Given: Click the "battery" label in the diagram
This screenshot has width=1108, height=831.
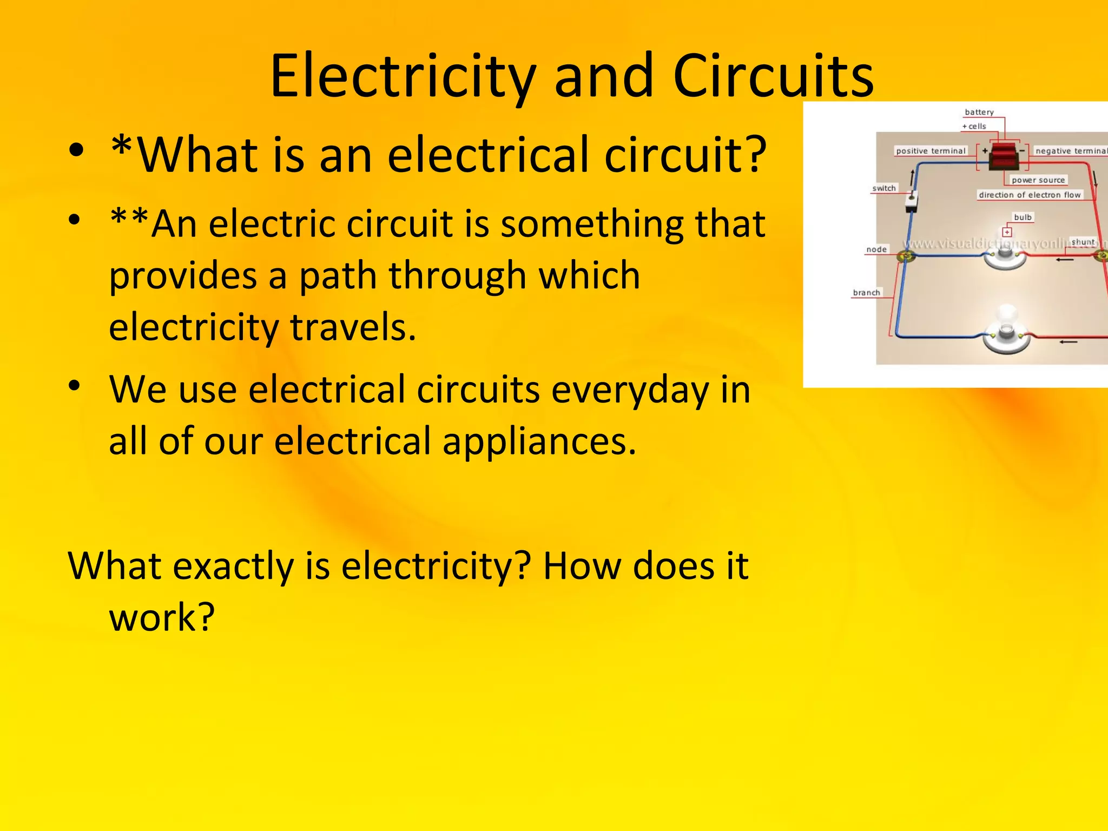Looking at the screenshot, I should pyautogui.click(x=979, y=112).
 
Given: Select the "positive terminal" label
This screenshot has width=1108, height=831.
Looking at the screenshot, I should pyautogui.click(x=931, y=151).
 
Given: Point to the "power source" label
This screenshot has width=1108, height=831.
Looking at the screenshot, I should pyautogui.click(x=1038, y=180).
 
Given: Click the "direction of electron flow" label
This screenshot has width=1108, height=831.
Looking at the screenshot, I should pyautogui.click(x=1030, y=195).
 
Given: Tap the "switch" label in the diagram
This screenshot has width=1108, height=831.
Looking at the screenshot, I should pyautogui.click(x=884, y=188).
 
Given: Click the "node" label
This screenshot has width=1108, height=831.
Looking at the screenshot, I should pyautogui.click(x=876, y=249).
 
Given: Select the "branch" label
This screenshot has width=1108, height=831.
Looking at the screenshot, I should pyautogui.click(x=867, y=293).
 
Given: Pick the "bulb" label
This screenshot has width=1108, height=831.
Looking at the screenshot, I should pyautogui.click(x=1023, y=217).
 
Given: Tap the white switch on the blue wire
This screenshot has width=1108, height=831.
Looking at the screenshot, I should pyautogui.click(x=912, y=202).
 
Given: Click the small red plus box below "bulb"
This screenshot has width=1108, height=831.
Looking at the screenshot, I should pyautogui.click(x=1007, y=232).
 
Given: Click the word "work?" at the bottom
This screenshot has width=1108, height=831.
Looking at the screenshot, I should pyautogui.click(x=162, y=617).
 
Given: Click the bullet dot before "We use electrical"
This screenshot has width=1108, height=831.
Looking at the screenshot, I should pyautogui.click(x=75, y=386).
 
